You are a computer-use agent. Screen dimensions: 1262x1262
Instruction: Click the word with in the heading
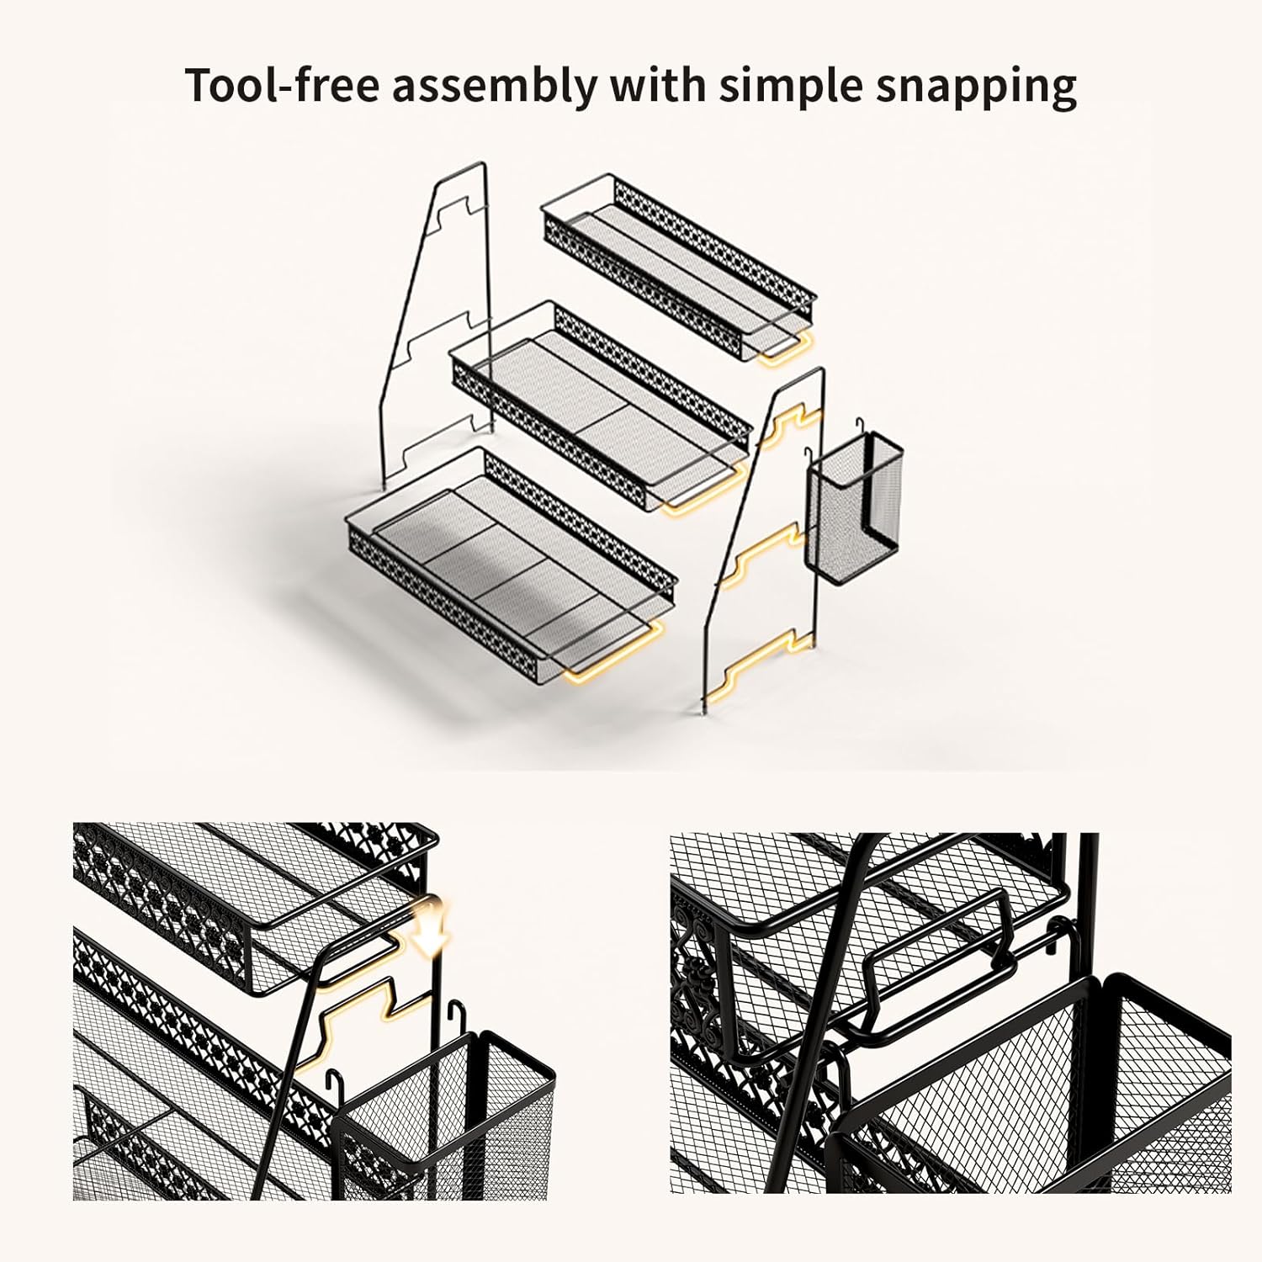[657, 85]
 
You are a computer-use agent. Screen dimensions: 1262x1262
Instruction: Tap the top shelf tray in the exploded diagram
[678, 268]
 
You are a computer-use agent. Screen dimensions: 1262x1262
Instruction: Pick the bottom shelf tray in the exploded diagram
[512, 565]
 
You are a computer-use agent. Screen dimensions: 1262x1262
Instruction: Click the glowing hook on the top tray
[787, 350]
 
